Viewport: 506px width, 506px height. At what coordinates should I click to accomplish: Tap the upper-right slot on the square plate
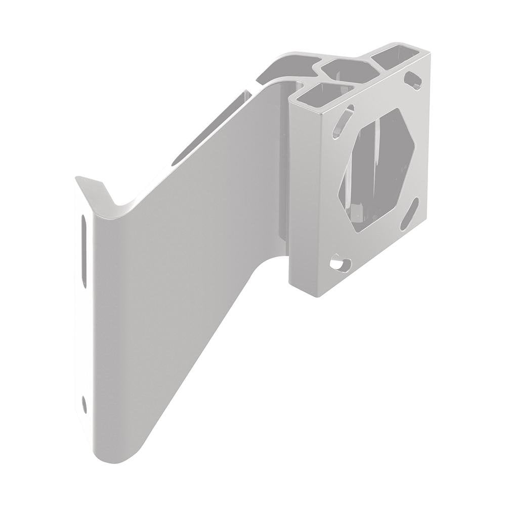[x=413, y=79]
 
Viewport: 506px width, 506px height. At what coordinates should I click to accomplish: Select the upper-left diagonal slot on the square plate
[x=343, y=121]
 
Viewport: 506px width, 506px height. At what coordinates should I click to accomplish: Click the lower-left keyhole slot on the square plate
[x=341, y=263]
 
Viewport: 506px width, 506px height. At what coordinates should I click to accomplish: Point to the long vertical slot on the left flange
[x=84, y=250]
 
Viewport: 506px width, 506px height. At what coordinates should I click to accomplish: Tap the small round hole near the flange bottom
[x=84, y=403]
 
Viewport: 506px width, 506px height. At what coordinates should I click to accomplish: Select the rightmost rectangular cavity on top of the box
[x=397, y=57]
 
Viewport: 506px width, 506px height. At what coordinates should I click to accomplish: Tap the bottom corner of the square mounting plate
[x=317, y=293]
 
